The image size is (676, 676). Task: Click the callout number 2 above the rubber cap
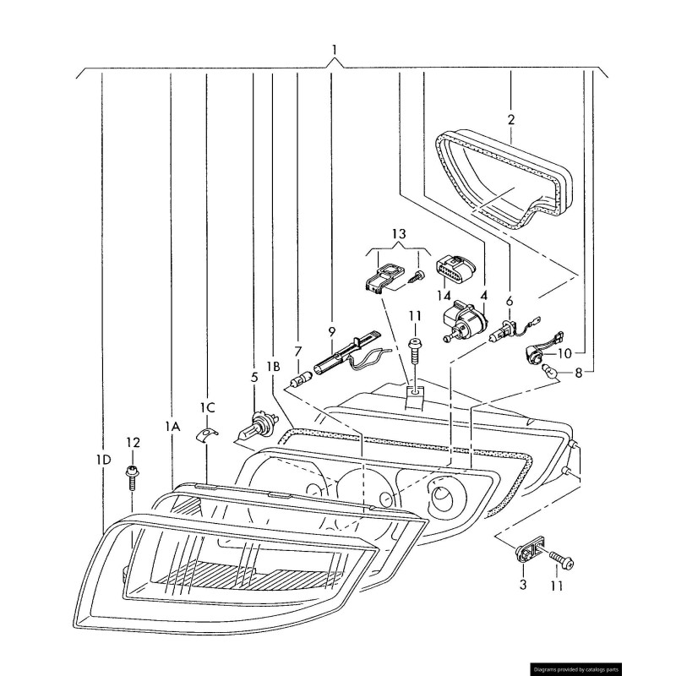coord(510,119)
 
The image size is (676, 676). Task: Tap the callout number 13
coord(399,232)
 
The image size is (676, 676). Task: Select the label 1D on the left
coord(103,460)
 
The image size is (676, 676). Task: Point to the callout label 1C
coord(207,407)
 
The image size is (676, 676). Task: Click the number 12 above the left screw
coord(133,442)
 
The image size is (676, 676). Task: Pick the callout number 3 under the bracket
coord(523,584)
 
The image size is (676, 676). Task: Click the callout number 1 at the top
coord(335,51)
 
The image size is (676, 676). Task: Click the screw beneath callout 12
coord(133,477)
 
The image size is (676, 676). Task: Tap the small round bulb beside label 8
coord(548,369)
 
